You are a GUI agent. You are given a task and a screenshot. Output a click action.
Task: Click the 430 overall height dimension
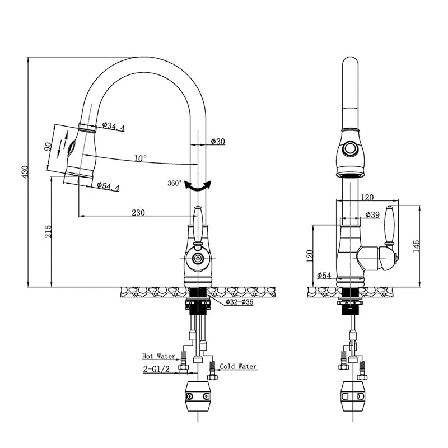click(24, 172)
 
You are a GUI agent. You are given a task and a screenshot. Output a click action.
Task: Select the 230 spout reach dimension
click(138, 212)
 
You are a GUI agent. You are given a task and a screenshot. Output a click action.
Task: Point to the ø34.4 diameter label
click(113, 128)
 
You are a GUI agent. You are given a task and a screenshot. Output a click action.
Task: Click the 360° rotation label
click(174, 183)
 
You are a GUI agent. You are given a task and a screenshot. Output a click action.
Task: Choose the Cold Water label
click(238, 367)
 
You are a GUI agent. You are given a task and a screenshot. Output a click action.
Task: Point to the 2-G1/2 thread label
click(157, 370)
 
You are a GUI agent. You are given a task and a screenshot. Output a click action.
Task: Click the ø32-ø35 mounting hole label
click(239, 302)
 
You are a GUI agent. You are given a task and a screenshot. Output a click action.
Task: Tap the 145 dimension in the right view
click(415, 246)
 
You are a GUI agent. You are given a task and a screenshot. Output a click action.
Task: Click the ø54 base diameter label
click(324, 275)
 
